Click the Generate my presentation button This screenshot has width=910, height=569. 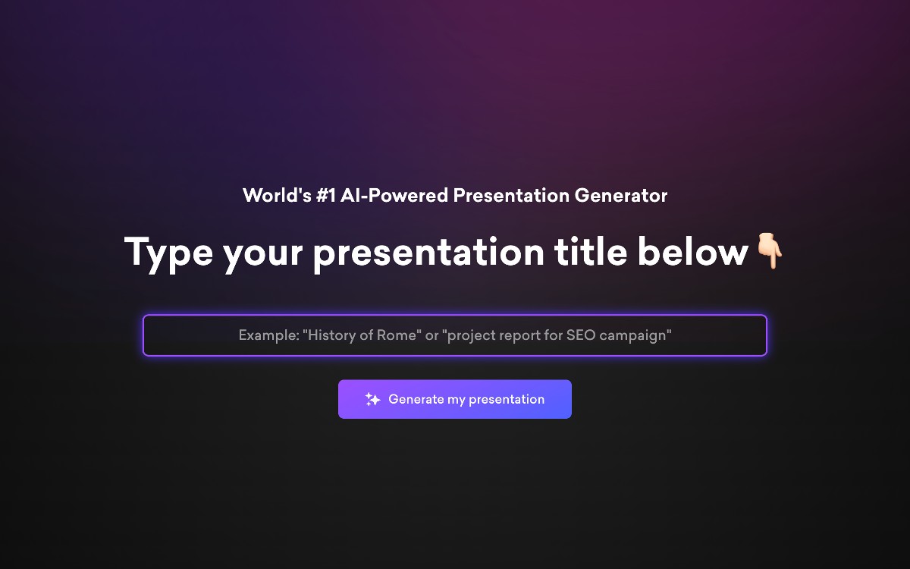click(454, 399)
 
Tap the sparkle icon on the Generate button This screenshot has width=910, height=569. click(372, 399)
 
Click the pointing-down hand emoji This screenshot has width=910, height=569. click(770, 250)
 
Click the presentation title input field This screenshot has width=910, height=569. click(454, 335)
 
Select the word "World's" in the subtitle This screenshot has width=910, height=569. click(277, 195)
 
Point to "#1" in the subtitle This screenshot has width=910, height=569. click(326, 195)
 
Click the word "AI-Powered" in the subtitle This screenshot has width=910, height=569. click(394, 195)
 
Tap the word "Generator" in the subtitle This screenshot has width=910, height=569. click(621, 195)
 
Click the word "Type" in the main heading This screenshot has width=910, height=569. click(168, 253)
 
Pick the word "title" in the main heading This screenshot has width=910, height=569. click(591, 251)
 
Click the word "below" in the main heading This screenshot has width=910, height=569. click(692, 251)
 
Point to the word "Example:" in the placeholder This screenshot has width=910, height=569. click(269, 335)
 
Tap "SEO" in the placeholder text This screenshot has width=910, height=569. click(581, 335)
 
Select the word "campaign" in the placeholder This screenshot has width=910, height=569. click(635, 335)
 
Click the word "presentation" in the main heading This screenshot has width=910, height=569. click(428, 253)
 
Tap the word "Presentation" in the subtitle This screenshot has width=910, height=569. click(511, 195)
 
